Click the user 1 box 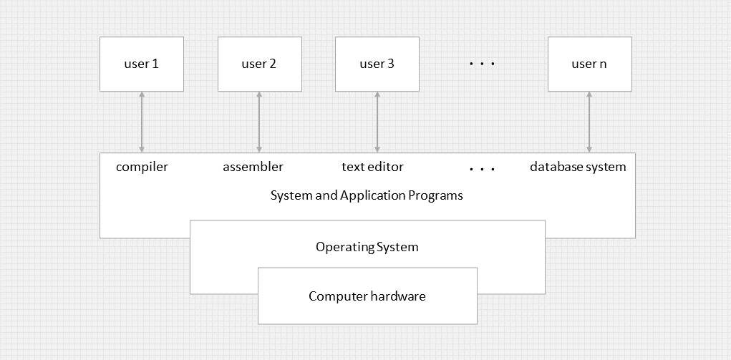(142, 64)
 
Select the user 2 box (259, 64)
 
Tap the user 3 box (377, 64)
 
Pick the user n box (589, 64)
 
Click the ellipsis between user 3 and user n (483, 64)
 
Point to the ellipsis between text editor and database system (483, 170)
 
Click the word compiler (142, 167)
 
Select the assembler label (253, 167)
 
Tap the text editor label (372, 167)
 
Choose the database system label (578, 167)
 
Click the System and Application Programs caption (367, 195)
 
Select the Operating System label (367, 248)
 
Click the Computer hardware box (367, 296)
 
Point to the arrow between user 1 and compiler (142, 122)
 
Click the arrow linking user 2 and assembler (259, 122)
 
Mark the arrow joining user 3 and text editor (377, 122)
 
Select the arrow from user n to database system (589, 122)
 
